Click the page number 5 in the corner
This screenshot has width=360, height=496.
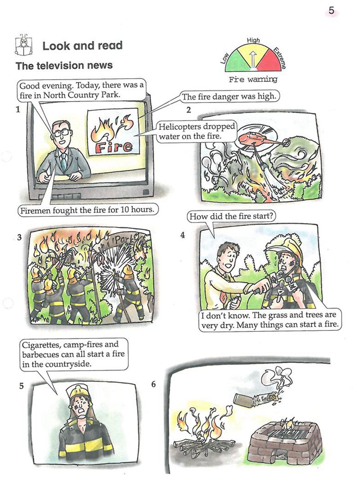pyautogui.click(x=331, y=10)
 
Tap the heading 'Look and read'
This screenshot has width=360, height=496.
pyautogui.click(x=82, y=45)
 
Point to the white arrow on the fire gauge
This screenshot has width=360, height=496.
pyautogui.click(x=252, y=58)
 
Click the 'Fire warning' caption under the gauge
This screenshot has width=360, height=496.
pyautogui.click(x=253, y=79)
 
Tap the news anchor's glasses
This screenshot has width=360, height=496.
pyautogui.click(x=62, y=132)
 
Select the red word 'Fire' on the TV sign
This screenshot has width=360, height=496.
pyautogui.click(x=113, y=146)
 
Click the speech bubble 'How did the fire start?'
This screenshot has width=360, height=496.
pyautogui.click(x=231, y=216)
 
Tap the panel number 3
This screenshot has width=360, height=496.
pyautogui.click(x=19, y=237)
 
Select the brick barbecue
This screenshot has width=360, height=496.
pyautogui.click(x=285, y=443)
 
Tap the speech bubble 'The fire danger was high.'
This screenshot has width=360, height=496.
pyautogui.click(x=229, y=97)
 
